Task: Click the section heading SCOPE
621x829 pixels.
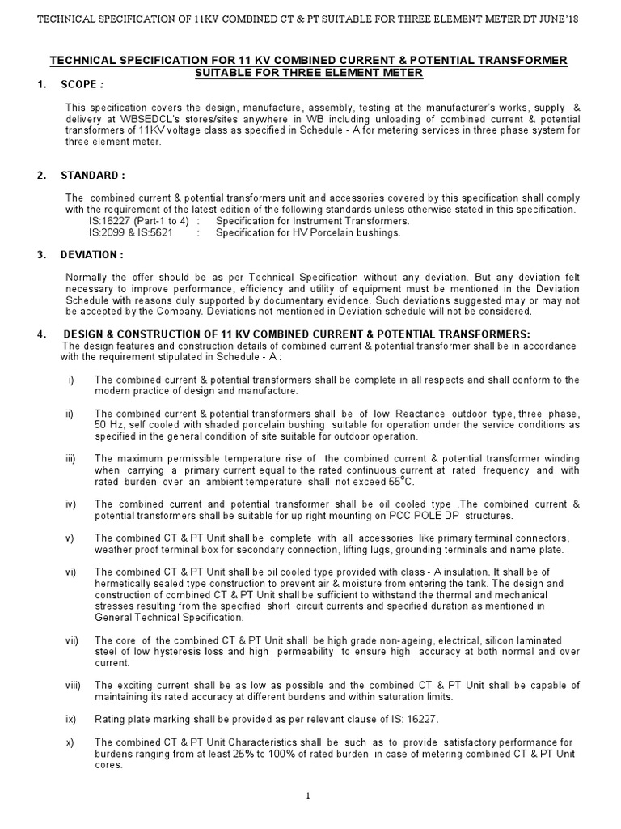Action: tap(80, 84)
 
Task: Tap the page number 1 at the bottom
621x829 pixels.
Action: tap(309, 796)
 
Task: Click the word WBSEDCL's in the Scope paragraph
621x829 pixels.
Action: tap(131, 119)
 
